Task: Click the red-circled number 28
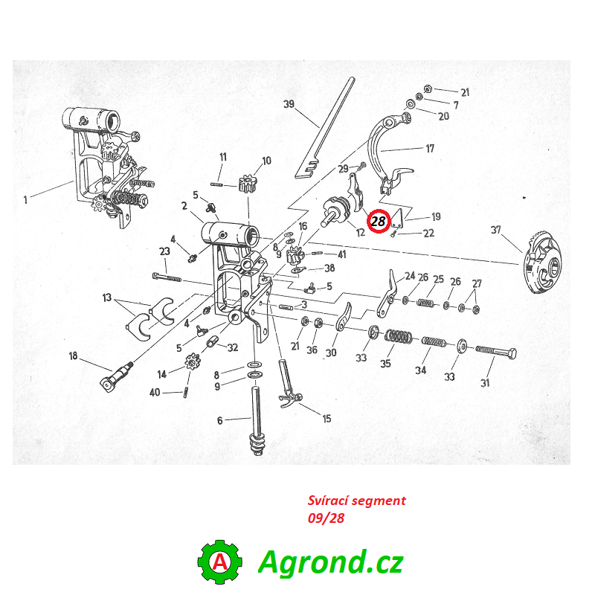(x=379, y=221)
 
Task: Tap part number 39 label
(x=289, y=104)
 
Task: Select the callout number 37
(x=495, y=230)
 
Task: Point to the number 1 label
(x=25, y=199)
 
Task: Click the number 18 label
(x=73, y=356)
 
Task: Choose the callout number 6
(x=219, y=420)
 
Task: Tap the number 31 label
(x=485, y=383)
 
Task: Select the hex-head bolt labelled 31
(x=495, y=352)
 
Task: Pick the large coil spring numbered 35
(x=399, y=336)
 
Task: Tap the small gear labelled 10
(x=248, y=183)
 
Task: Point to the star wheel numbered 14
(x=193, y=361)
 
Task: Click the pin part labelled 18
(x=117, y=376)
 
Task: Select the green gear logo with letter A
(x=219, y=562)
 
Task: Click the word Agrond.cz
(x=330, y=562)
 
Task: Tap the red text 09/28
(x=326, y=518)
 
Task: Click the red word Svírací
(x=328, y=501)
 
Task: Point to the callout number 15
(x=327, y=419)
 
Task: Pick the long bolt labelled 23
(x=167, y=277)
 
